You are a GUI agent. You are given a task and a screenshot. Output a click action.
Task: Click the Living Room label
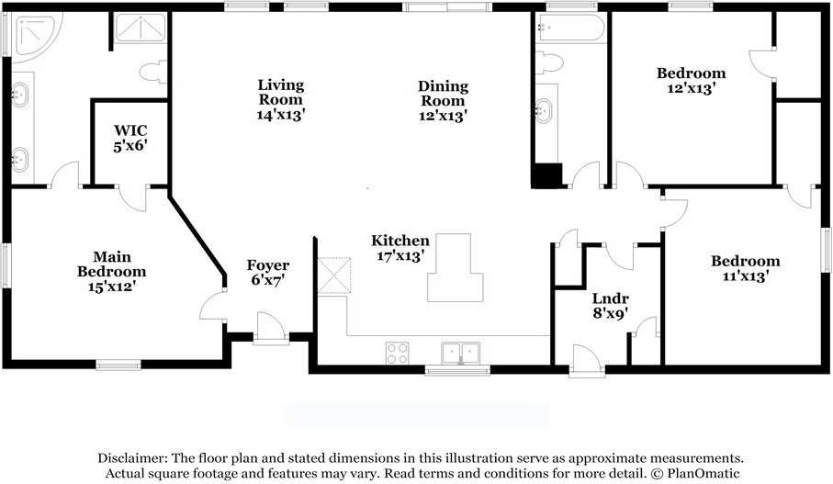[x=280, y=92]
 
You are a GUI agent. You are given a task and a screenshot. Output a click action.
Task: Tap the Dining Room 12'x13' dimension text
[x=443, y=116]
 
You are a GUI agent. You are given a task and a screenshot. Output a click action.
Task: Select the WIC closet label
[x=130, y=130]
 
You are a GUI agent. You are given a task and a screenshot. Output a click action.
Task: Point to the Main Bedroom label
[x=111, y=265]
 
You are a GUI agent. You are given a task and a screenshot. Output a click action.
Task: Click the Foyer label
[x=268, y=265]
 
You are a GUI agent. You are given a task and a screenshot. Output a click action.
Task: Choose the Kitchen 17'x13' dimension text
[x=400, y=255]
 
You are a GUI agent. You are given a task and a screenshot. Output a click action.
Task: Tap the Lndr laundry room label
[x=611, y=298]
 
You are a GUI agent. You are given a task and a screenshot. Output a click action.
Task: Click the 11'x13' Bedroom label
[x=746, y=268]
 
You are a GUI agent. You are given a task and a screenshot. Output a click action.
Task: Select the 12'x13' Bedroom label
[x=692, y=80]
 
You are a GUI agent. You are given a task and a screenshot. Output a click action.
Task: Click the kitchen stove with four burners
[x=398, y=354]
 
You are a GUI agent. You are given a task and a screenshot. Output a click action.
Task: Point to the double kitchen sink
[x=461, y=354]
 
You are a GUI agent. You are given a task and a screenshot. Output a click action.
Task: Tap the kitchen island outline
[x=456, y=268]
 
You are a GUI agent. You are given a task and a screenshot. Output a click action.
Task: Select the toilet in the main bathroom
[x=153, y=73]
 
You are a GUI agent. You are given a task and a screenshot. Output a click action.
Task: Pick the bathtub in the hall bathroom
[x=570, y=28]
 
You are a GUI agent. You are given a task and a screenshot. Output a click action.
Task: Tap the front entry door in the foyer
[x=271, y=329]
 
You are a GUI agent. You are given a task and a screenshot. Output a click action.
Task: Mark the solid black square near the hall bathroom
[x=546, y=175]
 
